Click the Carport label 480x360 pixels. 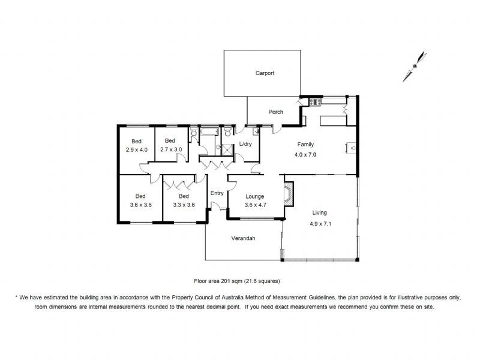265,73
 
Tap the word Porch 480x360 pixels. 275,112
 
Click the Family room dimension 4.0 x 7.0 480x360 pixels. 305,155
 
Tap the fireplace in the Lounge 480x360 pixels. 289,194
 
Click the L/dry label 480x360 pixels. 245,145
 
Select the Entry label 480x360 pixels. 217,193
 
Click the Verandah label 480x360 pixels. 244,238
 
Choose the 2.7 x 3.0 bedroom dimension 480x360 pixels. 170,149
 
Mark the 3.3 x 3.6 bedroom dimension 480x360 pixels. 184,204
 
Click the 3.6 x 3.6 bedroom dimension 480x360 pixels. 140,204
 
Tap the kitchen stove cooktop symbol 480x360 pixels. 315,102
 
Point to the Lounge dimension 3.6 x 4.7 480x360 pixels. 254,204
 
